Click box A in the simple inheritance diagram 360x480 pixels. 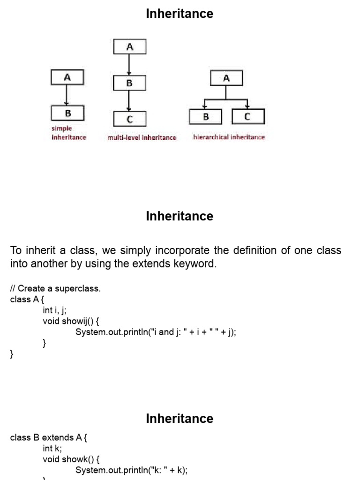pyautogui.click(x=67, y=77)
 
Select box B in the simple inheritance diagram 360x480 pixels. pyautogui.click(x=67, y=113)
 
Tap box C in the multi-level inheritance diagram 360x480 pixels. pyautogui.click(x=130, y=119)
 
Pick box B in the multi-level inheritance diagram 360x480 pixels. pyautogui.click(x=130, y=83)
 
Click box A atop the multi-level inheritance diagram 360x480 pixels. pyautogui.click(x=130, y=47)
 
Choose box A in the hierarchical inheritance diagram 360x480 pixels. pyautogui.click(x=226, y=78)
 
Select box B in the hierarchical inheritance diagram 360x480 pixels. pyautogui.click(x=206, y=116)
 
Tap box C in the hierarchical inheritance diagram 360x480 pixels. pyautogui.click(x=247, y=116)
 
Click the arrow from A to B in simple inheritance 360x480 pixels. pyautogui.click(x=67, y=95)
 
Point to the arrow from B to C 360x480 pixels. pyautogui.click(x=129, y=101)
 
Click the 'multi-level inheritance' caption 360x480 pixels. pyautogui.click(x=142, y=137)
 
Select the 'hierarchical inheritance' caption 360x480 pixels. pyautogui.click(x=229, y=137)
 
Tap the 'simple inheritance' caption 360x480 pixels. pyautogui.click(x=68, y=133)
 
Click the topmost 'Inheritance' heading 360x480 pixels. pyautogui.click(x=180, y=14)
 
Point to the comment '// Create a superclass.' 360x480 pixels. pyautogui.click(x=55, y=288)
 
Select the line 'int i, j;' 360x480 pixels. pyautogui.click(x=55, y=310)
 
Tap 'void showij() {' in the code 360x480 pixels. pyautogui.click(x=71, y=321)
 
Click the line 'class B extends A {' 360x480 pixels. pyautogui.click(x=49, y=437)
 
